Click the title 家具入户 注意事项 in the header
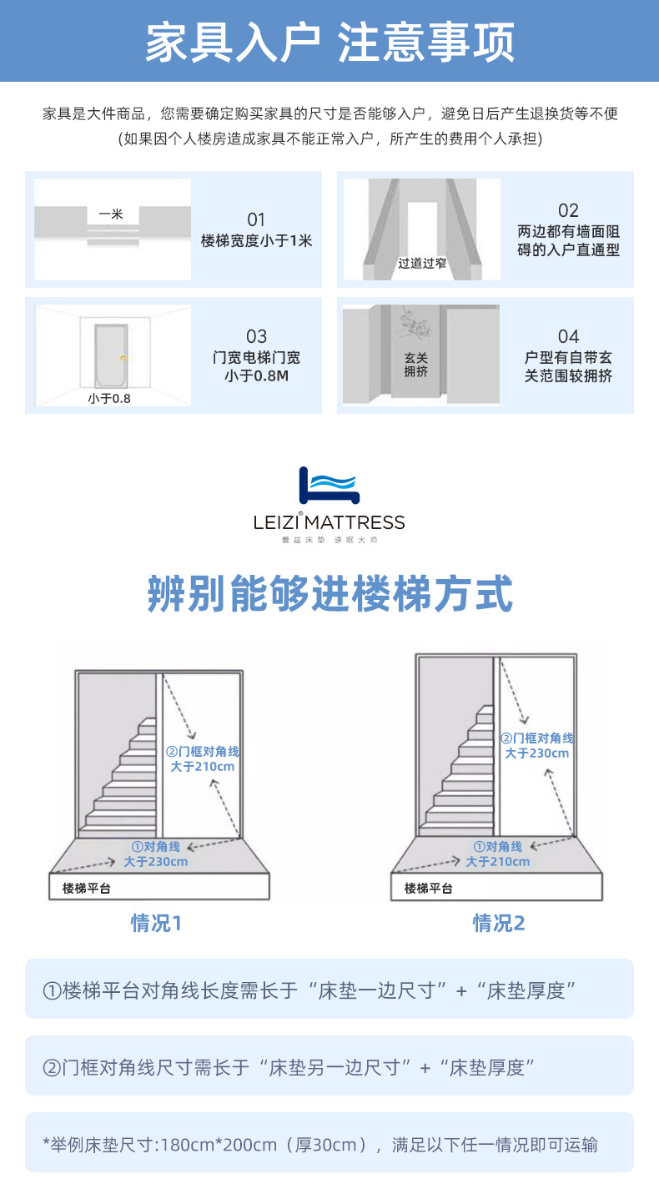click(329, 42)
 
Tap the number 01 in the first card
click(256, 219)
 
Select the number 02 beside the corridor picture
click(568, 210)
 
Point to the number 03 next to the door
click(256, 336)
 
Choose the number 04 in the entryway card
click(568, 336)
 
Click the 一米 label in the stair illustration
click(111, 214)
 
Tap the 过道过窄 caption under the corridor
click(422, 264)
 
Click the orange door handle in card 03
click(123, 358)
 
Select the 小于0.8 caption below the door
click(109, 399)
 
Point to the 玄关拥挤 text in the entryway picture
click(415, 365)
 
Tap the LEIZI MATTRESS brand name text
click(329, 523)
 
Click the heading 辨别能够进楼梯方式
click(329, 593)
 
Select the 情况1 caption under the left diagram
click(156, 923)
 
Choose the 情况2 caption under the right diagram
click(499, 923)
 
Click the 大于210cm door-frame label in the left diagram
click(203, 766)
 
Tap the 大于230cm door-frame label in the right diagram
click(537, 753)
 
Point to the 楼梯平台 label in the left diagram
click(87, 889)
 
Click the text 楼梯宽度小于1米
click(256, 241)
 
